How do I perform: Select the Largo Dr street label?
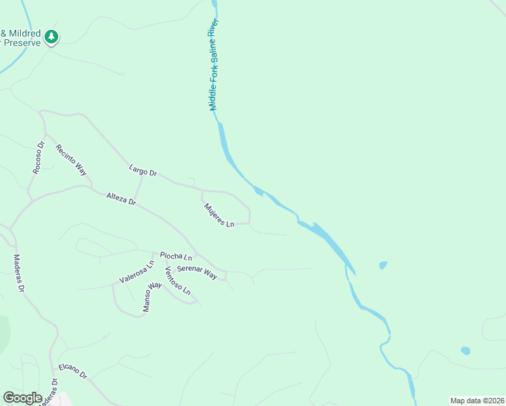[x=143, y=172]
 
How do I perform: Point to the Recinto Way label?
[x=71, y=160]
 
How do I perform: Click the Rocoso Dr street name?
[x=39, y=158]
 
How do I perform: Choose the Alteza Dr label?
[x=121, y=199]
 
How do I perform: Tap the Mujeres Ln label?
[x=219, y=215]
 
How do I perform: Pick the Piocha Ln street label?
[x=176, y=256]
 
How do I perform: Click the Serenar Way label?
[x=197, y=272]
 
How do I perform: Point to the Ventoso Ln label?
[x=178, y=281]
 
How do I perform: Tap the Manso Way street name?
[x=152, y=297]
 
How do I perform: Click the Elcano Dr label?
[x=73, y=371]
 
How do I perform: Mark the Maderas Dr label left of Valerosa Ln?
[x=19, y=273]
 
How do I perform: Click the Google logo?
[x=22, y=398]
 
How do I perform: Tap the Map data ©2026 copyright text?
[x=477, y=401]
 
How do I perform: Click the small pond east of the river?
[x=384, y=265]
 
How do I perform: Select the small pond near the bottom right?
[x=465, y=351]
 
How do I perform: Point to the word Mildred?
[x=24, y=33]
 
